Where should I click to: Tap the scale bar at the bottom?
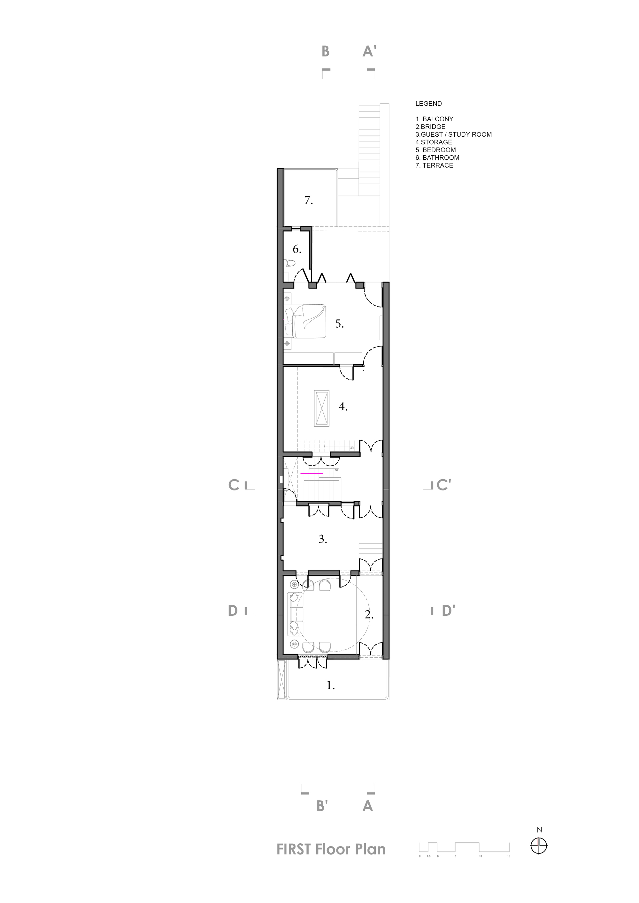pyautogui.click(x=464, y=846)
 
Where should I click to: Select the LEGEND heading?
pyautogui.click(x=428, y=104)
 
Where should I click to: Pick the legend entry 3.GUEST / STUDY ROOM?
pyautogui.click(x=453, y=134)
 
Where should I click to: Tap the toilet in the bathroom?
pyautogui.click(x=290, y=263)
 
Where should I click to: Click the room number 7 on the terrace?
pyautogui.click(x=309, y=200)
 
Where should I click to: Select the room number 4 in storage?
pyautogui.click(x=343, y=407)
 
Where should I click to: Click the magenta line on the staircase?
pyautogui.click(x=312, y=474)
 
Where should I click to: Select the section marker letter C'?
pyautogui.click(x=443, y=485)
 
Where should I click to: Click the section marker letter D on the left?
pyautogui.click(x=233, y=611)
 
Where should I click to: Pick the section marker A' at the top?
pyautogui.click(x=369, y=51)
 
